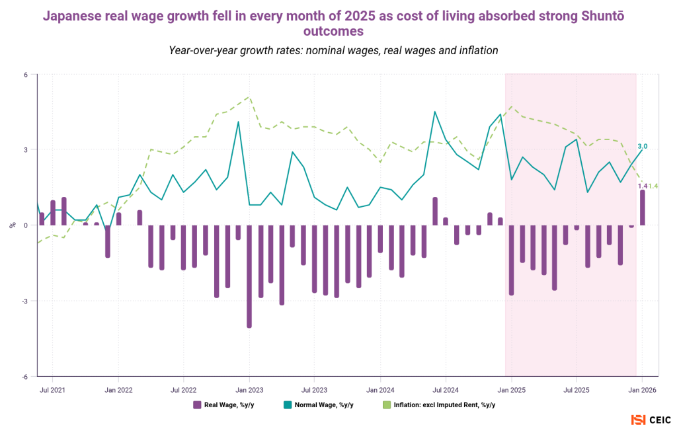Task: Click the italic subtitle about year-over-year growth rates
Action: coord(333,50)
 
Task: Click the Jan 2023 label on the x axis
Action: coord(249,390)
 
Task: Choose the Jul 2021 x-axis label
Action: coord(52,390)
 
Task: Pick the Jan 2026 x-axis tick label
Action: coord(641,390)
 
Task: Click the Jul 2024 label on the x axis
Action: coord(446,390)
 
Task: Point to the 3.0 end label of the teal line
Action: coord(643,146)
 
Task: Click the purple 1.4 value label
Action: coord(642,186)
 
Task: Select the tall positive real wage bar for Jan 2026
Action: coord(642,208)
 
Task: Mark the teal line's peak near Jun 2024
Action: coord(434,112)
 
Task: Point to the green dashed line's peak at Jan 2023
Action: coord(249,97)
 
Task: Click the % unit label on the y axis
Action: coord(12,225)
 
